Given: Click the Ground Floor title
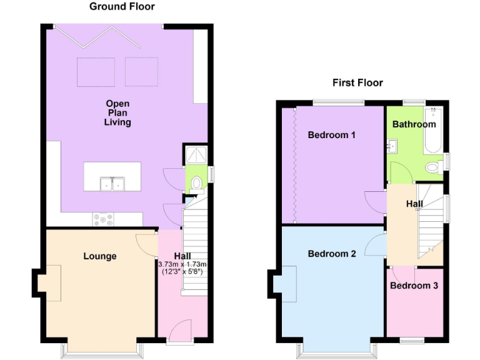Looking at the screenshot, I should (x=122, y=7).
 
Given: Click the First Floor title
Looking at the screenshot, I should (x=357, y=82).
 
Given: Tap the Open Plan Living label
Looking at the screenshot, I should (x=117, y=112).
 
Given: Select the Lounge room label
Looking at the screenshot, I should (x=99, y=256).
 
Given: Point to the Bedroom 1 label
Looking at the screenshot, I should (x=332, y=134).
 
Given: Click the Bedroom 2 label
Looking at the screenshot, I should (x=332, y=254).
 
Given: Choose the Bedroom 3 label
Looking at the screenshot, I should (x=414, y=286).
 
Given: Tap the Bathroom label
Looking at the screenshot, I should (x=414, y=124).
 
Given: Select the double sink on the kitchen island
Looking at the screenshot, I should (x=112, y=184).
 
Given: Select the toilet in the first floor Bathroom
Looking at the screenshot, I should (x=432, y=167).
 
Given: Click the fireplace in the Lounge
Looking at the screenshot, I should (x=49, y=278).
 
